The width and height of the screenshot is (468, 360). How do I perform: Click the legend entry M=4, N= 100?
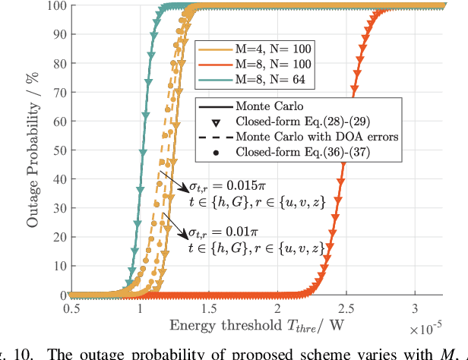coord(259,49)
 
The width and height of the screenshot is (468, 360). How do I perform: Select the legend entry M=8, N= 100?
coord(259,62)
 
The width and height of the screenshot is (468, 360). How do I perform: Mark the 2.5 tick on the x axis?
coord(346,311)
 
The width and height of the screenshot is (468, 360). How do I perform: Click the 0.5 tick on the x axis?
coord(70,311)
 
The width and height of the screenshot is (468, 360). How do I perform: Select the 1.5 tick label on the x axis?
coord(208,311)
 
